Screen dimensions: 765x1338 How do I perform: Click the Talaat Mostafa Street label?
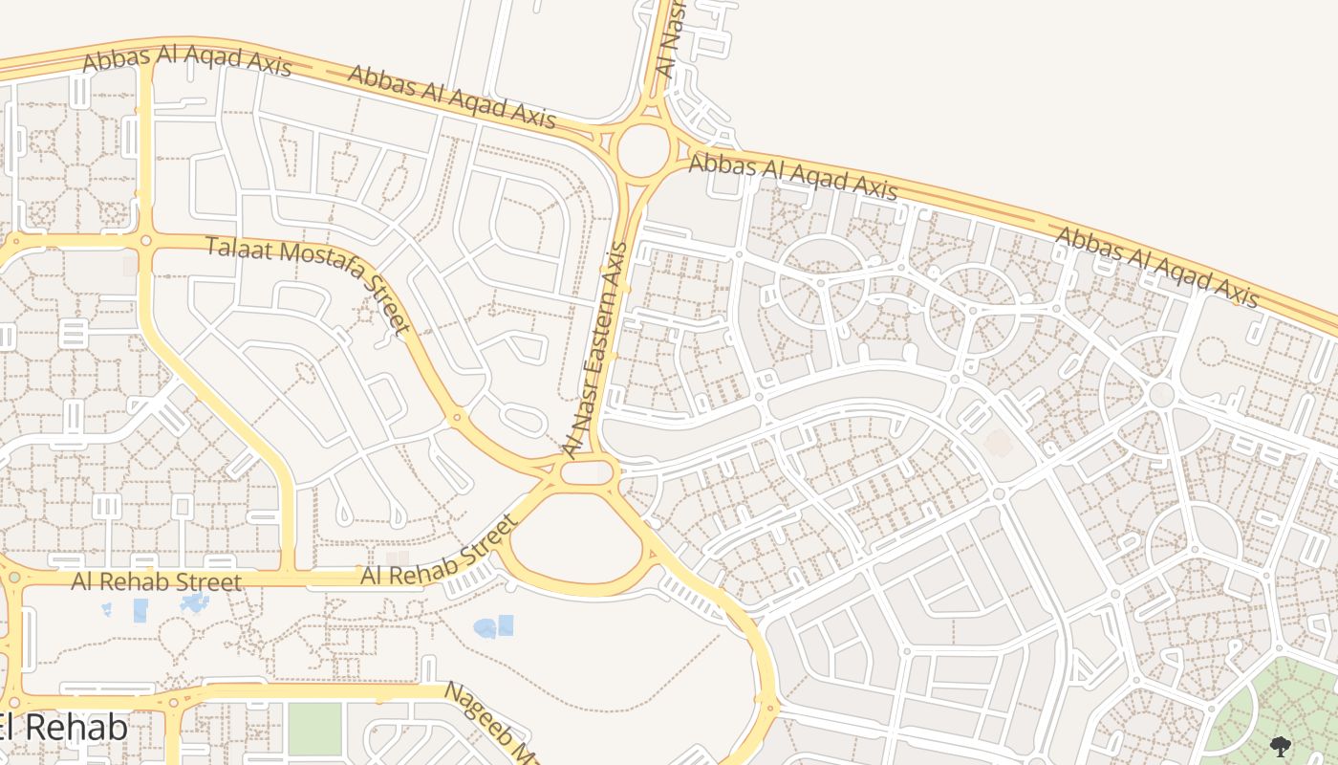click(x=309, y=284)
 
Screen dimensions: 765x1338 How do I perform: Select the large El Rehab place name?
click(x=62, y=729)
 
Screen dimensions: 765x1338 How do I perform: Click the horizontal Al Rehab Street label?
click(x=157, y=581)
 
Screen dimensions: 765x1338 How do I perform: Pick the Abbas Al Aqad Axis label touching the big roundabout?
click(x=793, y=177)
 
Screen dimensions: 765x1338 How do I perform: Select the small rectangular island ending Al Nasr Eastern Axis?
click(x=585, y=471)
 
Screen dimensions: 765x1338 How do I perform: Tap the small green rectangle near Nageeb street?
click(x=314, y=729)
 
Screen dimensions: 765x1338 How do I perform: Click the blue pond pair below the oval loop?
click(x=494, y=626)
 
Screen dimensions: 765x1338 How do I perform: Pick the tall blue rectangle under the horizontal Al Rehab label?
click(x=140, y=610)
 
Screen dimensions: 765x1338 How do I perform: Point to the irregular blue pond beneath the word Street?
click(x=194, y=602)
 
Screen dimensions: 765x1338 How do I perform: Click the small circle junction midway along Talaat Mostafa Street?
click(x=456, y=417)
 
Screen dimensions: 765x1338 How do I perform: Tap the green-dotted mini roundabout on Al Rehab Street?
click(x=13, y=578)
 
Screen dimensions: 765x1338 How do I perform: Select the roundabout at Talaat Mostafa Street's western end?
click(x=145, y=240)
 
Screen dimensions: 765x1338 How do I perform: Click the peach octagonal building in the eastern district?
click(x=998, y=443)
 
